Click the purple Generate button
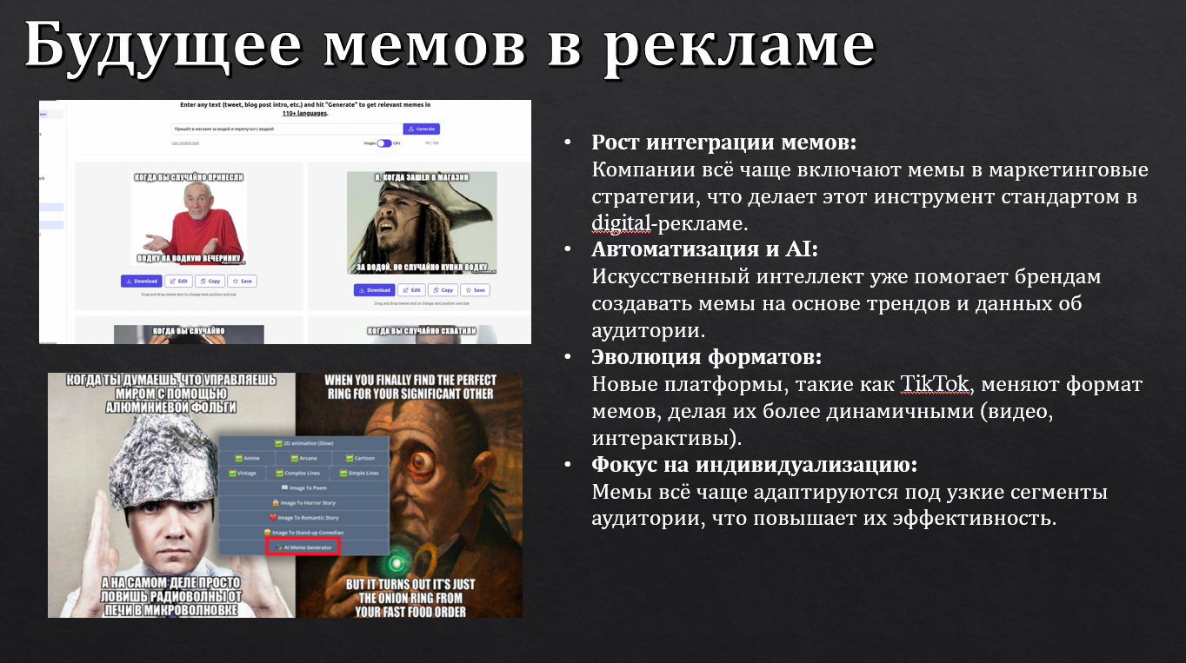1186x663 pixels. pos(421,129)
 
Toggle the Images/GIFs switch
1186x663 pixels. pos(383,143)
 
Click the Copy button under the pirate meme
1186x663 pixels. pos(443,289)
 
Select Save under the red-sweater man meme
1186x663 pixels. pos(243,281)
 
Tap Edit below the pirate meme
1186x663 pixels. pos(411,289)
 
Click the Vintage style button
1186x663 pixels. pos(244,474)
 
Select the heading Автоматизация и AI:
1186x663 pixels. pos(705,249)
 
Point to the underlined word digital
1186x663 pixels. pos(621,222)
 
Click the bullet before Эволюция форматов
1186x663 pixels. pos(568,358)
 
